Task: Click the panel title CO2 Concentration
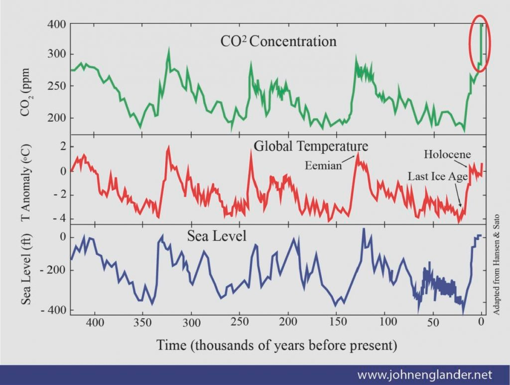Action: [x=278, y=41]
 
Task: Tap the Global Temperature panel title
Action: [x=311, y=146]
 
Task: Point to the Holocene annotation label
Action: [x=447, y=154]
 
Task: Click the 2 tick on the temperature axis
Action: [x=63, y=146]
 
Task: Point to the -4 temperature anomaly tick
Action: [x=60, y=219]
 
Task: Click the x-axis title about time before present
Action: [x=276, y=345]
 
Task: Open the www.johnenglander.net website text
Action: [x=425, y=374]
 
